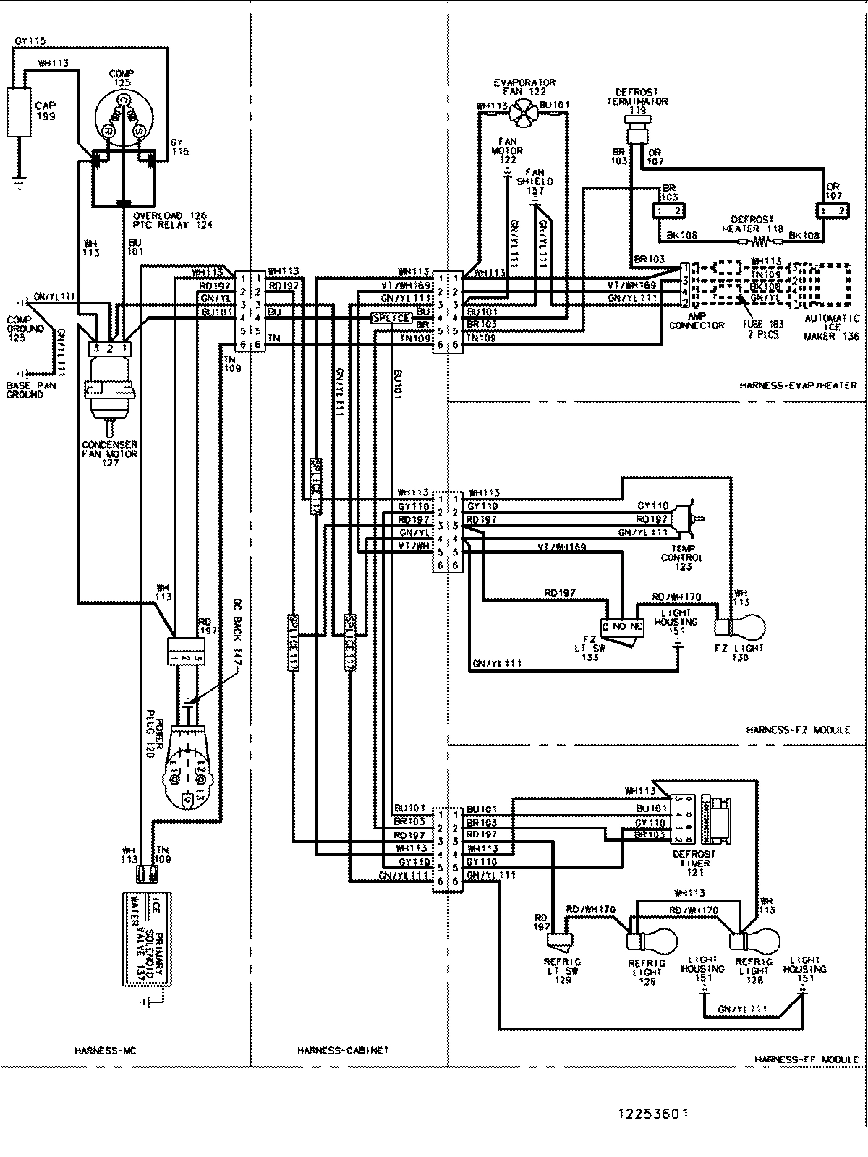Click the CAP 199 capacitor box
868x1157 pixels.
[x=19, y=111]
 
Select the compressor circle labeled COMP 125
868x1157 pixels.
[x=124, y=119]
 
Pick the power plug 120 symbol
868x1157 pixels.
[x=189, y=759]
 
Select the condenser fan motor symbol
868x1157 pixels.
[x=106, y=398]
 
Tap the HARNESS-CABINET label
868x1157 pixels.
[x=343, y=1050]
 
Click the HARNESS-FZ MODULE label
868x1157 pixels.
[x=798, y=730]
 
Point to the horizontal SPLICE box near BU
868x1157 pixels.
[x=391, y=318]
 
